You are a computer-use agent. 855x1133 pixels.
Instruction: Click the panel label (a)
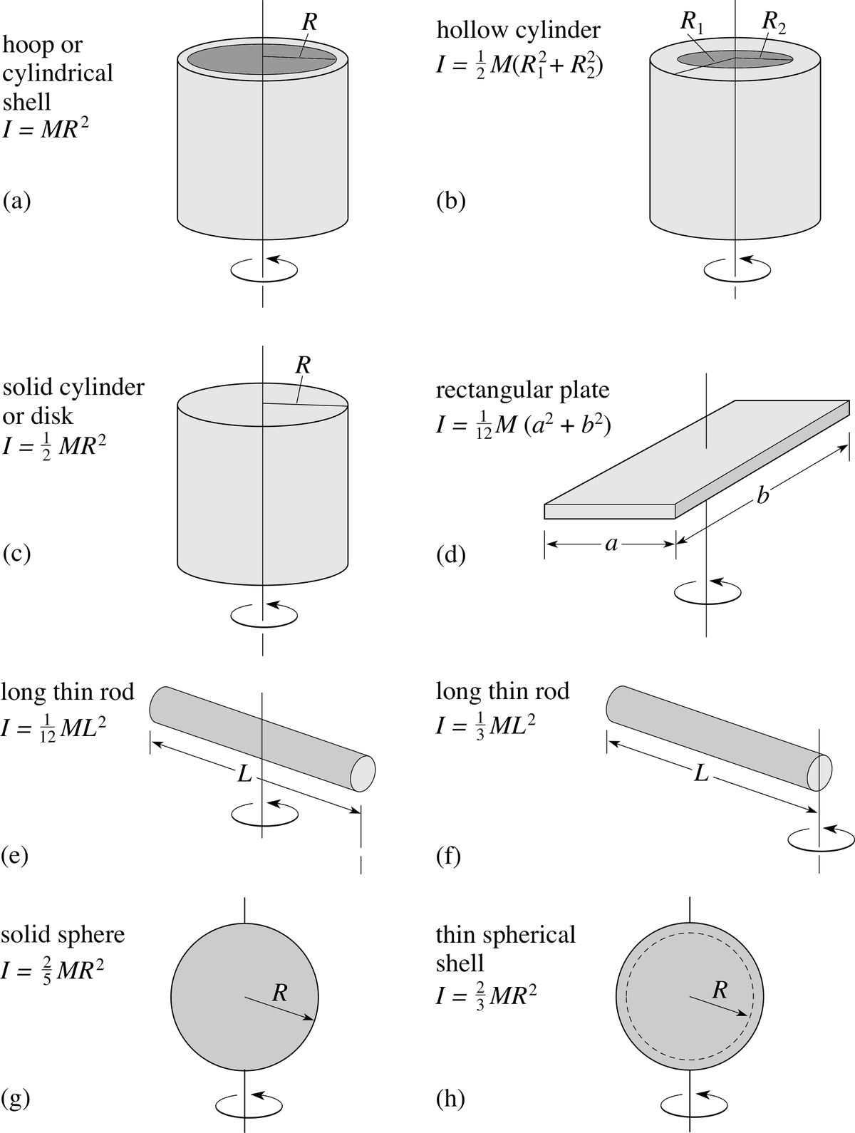(x=16, y=201)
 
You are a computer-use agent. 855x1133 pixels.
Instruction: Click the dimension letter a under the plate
(x=611, y=544)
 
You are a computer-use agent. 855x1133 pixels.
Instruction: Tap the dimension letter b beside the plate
(x=762, y=495)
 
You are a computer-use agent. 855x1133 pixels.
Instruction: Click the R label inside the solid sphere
(x=280, y=992)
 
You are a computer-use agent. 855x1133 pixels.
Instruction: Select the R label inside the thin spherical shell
(x=720, y=990)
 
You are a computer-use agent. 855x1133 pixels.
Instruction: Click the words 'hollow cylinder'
(x=519, y=30)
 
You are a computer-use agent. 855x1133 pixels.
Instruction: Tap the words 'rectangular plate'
(x=523, y=390)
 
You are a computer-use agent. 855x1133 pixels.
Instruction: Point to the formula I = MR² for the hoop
(x=46, y=128)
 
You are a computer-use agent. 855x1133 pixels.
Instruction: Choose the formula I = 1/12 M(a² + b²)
(x=524, y=427)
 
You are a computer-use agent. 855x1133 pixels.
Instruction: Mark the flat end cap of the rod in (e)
(x=363, y=773)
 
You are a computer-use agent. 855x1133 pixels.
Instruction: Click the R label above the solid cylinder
(x=303, y=365)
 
